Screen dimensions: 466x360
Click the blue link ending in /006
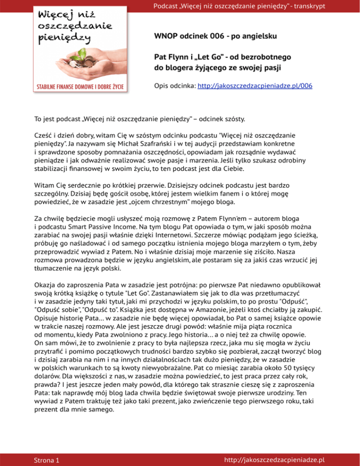[x=255, y=86]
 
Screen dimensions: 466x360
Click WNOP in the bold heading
[x=165, y=36]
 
